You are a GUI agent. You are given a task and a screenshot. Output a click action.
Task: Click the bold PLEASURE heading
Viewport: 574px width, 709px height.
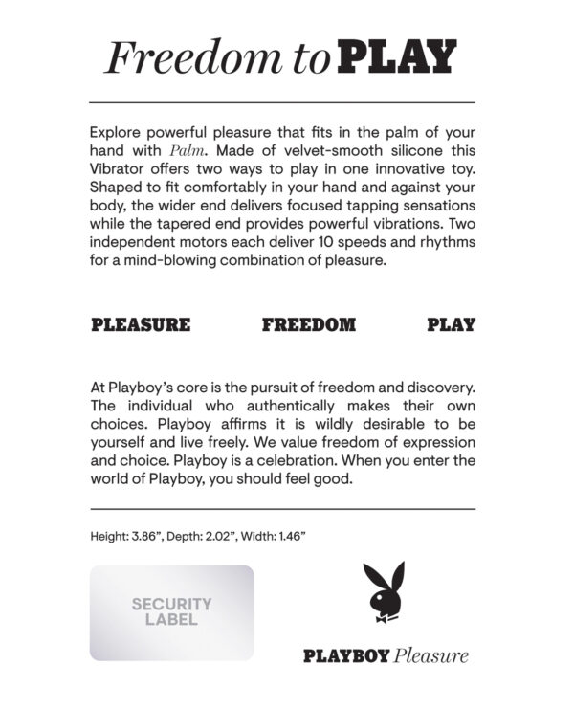(140, 324)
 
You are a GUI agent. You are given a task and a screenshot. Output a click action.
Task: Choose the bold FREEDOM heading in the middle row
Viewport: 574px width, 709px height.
(308, 324)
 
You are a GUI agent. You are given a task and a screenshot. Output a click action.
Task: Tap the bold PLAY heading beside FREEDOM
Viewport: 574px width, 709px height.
(451, 324)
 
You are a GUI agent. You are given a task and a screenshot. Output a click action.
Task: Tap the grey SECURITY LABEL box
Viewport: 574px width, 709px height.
(172, 612)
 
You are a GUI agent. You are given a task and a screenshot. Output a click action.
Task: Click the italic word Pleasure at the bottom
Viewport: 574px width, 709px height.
(431, 656)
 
